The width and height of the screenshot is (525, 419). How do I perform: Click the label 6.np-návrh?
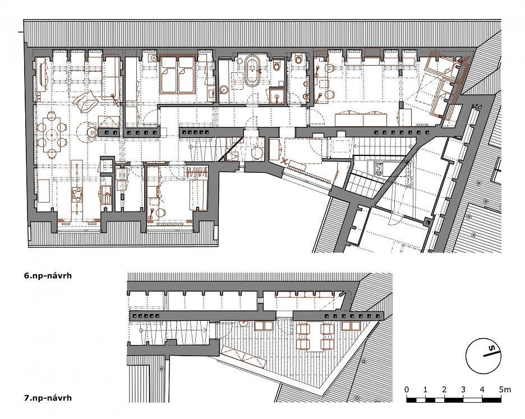tap(48, 276)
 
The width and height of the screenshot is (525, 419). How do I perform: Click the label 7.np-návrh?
tap(48, 398)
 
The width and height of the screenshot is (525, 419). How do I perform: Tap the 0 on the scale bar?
tap(407, 389)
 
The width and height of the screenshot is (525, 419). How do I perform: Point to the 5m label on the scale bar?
tap(505, 389)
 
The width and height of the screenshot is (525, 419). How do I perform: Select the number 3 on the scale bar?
tap(463, 389)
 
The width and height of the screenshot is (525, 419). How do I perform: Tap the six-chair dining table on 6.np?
tap(52, 135)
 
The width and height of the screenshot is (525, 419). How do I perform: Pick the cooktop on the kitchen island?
tap(77, 195)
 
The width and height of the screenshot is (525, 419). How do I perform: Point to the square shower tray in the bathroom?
tap(277, 95)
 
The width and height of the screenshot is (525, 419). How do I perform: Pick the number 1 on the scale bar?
tap(425, 389)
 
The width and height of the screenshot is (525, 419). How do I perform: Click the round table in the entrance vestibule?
tap(257, 153)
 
